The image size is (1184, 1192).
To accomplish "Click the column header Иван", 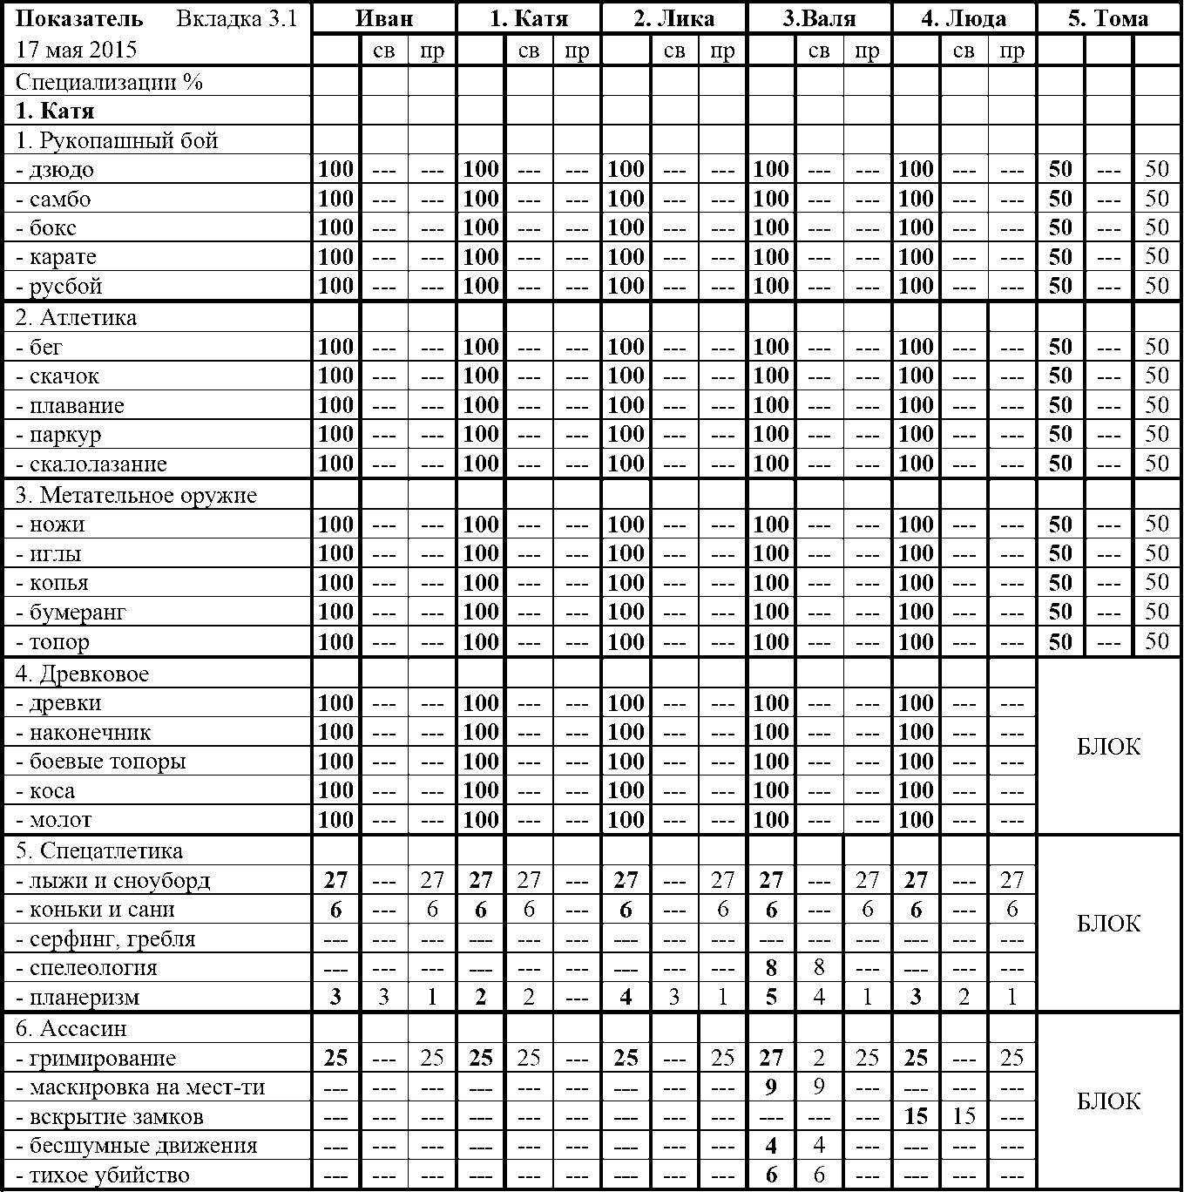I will [384, 18].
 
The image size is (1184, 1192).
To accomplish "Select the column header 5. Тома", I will [1108, 18].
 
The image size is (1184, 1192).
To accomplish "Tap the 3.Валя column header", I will [818, 18].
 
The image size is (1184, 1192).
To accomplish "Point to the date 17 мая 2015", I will [77, 49].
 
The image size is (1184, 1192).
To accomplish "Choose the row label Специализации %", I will [109, 82].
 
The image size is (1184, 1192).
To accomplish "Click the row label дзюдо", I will [60, 170].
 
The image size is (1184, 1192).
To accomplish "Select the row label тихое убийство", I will [108, 1175].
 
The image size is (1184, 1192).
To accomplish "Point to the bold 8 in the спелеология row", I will [771, 968].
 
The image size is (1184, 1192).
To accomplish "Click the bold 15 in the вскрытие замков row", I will [916, 1117].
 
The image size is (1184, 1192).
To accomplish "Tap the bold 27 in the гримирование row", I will [771, 1059].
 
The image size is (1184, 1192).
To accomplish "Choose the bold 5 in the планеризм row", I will [771, 998].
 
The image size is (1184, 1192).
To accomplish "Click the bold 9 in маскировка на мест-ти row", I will [771, 1087].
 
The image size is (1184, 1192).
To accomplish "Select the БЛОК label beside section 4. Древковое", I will [1108, 747].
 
